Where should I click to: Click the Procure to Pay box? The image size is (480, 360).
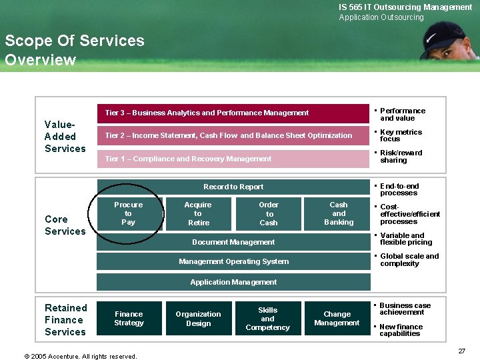(129, 213)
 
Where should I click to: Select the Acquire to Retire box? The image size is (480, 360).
(198, 213)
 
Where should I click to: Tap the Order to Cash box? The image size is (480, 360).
(269, 213)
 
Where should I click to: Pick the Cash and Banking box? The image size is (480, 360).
(338, 213)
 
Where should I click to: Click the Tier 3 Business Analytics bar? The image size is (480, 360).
(233, 113)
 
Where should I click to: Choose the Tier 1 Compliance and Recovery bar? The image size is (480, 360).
(233, 159)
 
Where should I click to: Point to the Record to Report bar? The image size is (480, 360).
(233, 187)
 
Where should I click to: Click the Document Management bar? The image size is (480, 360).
(233, 242)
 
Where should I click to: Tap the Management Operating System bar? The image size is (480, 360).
(233, 261)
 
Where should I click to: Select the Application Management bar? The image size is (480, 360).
(233, 282)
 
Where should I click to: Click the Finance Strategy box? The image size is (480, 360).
(129, 318)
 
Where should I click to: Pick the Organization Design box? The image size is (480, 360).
(198, 318)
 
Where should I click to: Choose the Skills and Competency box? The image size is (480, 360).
(267, 318)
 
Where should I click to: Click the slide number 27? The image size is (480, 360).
(461, 351)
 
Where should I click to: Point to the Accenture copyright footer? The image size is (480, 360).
(80, 356)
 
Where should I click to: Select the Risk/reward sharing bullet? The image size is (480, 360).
(400, 157)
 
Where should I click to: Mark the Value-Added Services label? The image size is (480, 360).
(65, 136)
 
